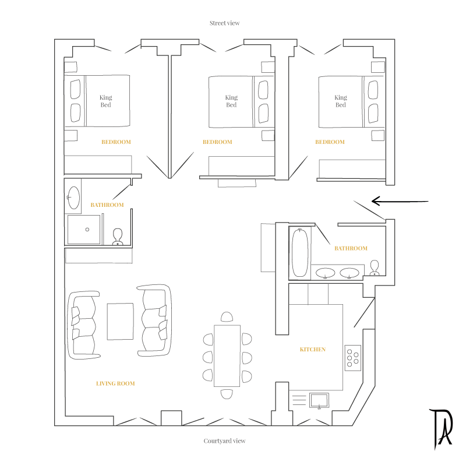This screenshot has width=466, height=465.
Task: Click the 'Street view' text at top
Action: click(224, 23)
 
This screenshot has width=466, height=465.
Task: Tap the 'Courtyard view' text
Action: click(224, 441)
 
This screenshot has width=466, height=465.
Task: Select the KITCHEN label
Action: click(313, 350)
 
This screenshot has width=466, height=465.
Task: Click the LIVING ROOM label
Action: click(115, 383)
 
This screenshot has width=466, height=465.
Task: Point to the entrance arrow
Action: click(400, 201)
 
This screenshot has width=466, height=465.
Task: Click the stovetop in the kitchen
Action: click(353, 358)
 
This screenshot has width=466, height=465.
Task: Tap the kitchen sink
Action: click(319, 400)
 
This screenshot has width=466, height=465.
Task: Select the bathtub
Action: click(300, 253)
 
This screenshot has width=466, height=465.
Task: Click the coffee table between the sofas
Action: click(120, 322)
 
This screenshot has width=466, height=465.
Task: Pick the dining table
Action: click(227, 356)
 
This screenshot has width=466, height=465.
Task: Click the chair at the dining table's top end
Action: click(227, 317)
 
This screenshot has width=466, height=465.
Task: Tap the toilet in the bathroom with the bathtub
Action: click(375, 268)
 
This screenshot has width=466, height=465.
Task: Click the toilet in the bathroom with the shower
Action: click(118, 237)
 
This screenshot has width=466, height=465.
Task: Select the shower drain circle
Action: click(87, 230)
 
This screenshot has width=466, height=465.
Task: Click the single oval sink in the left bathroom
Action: click(74, 198)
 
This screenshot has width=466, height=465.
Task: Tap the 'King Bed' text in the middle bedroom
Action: click(231, 101)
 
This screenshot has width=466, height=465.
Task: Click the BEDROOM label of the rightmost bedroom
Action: click(330, 142)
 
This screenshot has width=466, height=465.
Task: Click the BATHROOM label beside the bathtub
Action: click(351, 248)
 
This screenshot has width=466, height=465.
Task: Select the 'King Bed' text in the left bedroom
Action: click(106, 101)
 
